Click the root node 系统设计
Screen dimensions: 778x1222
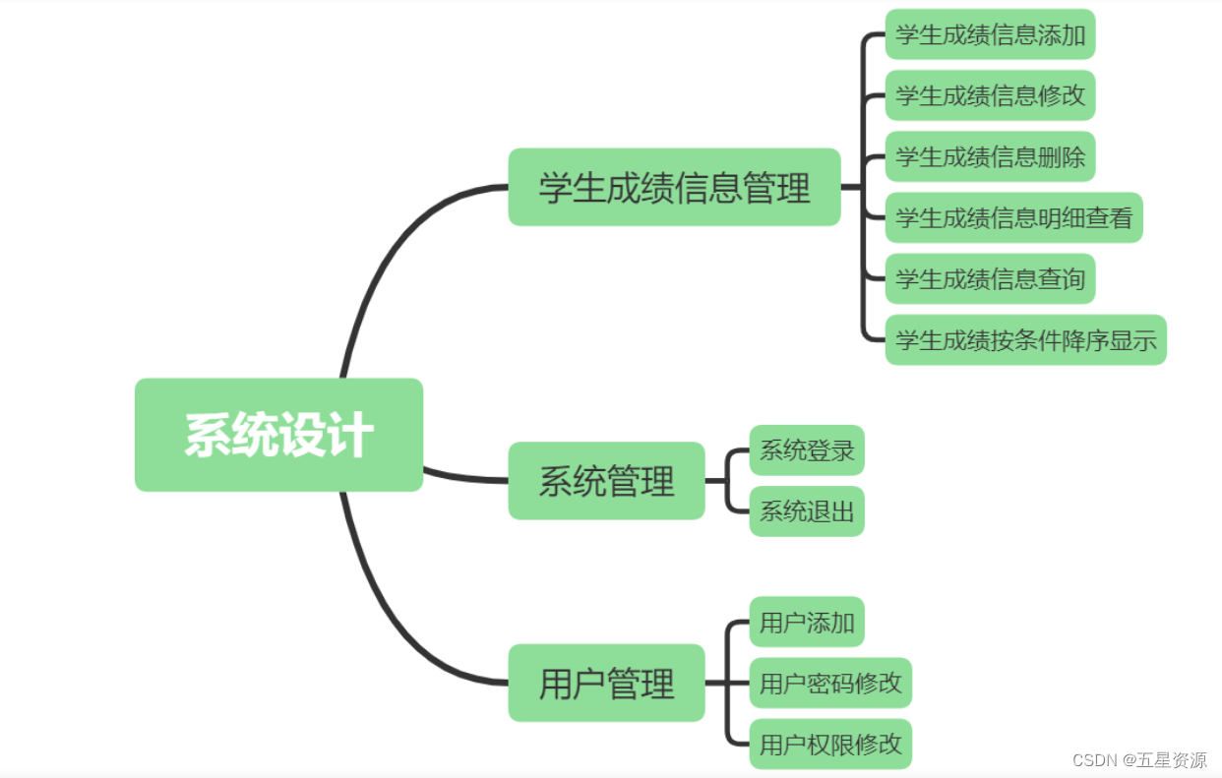278,435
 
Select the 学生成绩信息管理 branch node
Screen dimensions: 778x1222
674,187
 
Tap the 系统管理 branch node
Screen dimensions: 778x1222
606,481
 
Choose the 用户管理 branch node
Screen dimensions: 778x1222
606,683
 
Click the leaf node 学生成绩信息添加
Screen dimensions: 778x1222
990,35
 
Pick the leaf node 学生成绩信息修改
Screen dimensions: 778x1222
990,95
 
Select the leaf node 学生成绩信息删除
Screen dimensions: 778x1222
990,156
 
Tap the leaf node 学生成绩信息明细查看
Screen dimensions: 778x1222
1013,217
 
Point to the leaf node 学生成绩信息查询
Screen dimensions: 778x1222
990,278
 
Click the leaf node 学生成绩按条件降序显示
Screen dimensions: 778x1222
1025,340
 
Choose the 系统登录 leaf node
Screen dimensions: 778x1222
807,450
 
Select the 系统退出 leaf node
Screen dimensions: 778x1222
807,511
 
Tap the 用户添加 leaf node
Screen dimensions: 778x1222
807,622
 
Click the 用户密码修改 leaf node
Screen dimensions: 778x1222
830,683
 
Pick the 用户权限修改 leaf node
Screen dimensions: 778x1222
830,744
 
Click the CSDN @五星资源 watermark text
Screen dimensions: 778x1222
1139,760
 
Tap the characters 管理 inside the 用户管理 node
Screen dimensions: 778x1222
641,683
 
